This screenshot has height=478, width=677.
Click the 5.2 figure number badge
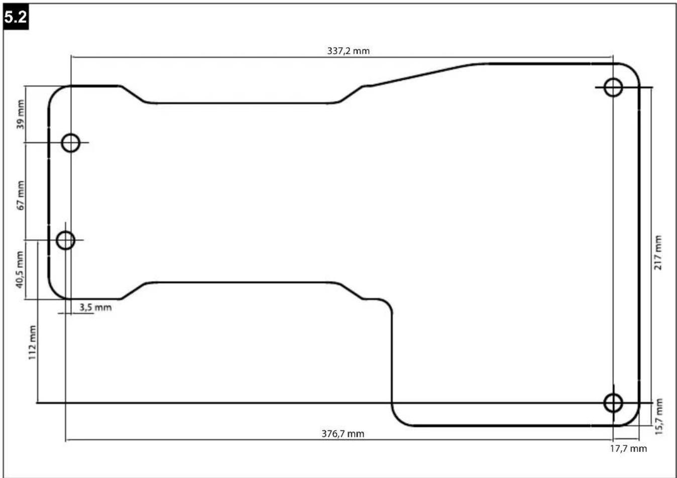click(16, 18)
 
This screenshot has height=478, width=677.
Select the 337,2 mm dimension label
click(348, 51)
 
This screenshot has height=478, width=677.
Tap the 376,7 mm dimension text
click(343, 434)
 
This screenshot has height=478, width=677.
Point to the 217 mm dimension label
click(657, 253)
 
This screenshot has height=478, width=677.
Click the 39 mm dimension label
click(20, 114)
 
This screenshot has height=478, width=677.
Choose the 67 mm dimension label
click(20, 195)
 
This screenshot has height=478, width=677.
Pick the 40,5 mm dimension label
click(20, 269)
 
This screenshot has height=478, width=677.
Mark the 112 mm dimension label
click(32, 343)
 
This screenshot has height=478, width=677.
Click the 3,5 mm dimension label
click(95, 307)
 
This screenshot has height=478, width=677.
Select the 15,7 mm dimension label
click(659, 417)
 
